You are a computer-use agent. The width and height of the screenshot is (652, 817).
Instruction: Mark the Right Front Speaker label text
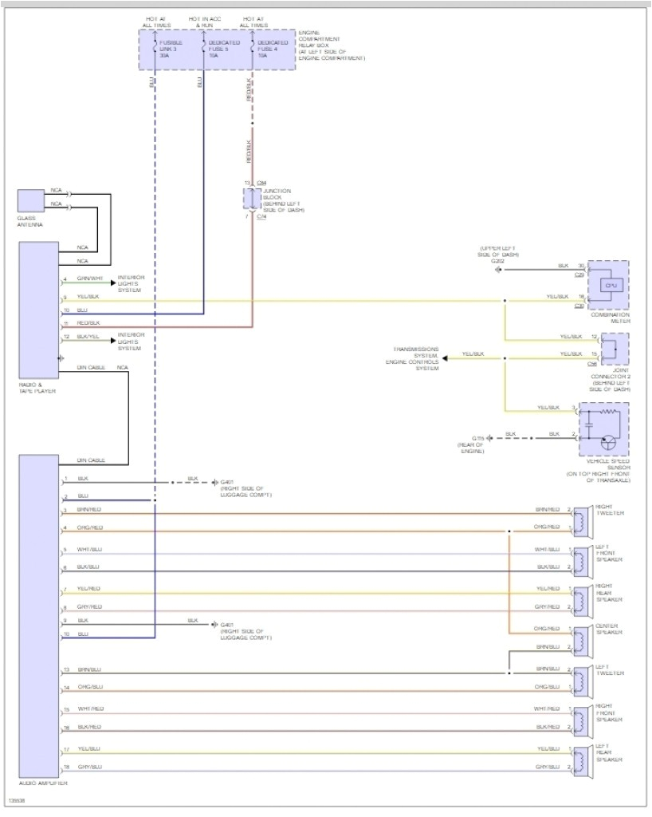pos(609,713)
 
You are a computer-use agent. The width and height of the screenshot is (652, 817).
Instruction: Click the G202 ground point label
pos(498,261)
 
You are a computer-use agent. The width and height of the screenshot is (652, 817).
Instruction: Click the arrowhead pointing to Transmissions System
pos(446,358)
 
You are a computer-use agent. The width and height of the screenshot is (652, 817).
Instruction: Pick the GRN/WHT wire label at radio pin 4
pos(90,278)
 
